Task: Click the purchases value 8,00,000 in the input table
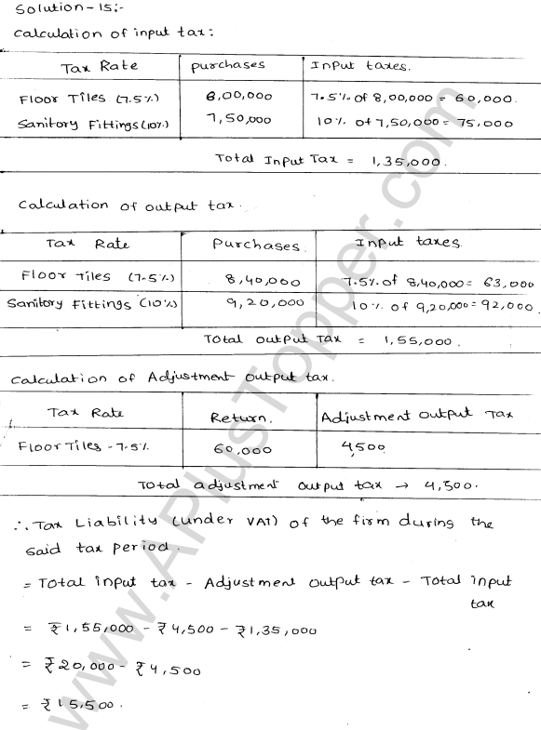(237, 97)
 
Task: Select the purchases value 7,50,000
(237, 119)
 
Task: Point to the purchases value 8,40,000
(250, 280)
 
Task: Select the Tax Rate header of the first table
(99, 67)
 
